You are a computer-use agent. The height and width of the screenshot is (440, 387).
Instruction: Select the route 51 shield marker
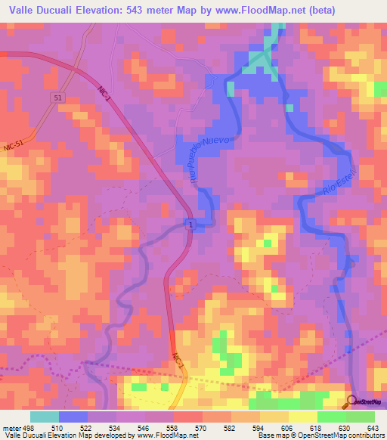pos(58,98)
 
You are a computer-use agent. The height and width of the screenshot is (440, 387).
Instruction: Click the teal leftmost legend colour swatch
pos(45,417)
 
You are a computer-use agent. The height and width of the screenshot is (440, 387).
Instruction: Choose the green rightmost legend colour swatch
pos(360,417)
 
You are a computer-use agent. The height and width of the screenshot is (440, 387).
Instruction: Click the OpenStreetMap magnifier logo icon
pos(354,400)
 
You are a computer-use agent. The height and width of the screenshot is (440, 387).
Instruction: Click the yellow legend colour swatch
pos(302,417)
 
